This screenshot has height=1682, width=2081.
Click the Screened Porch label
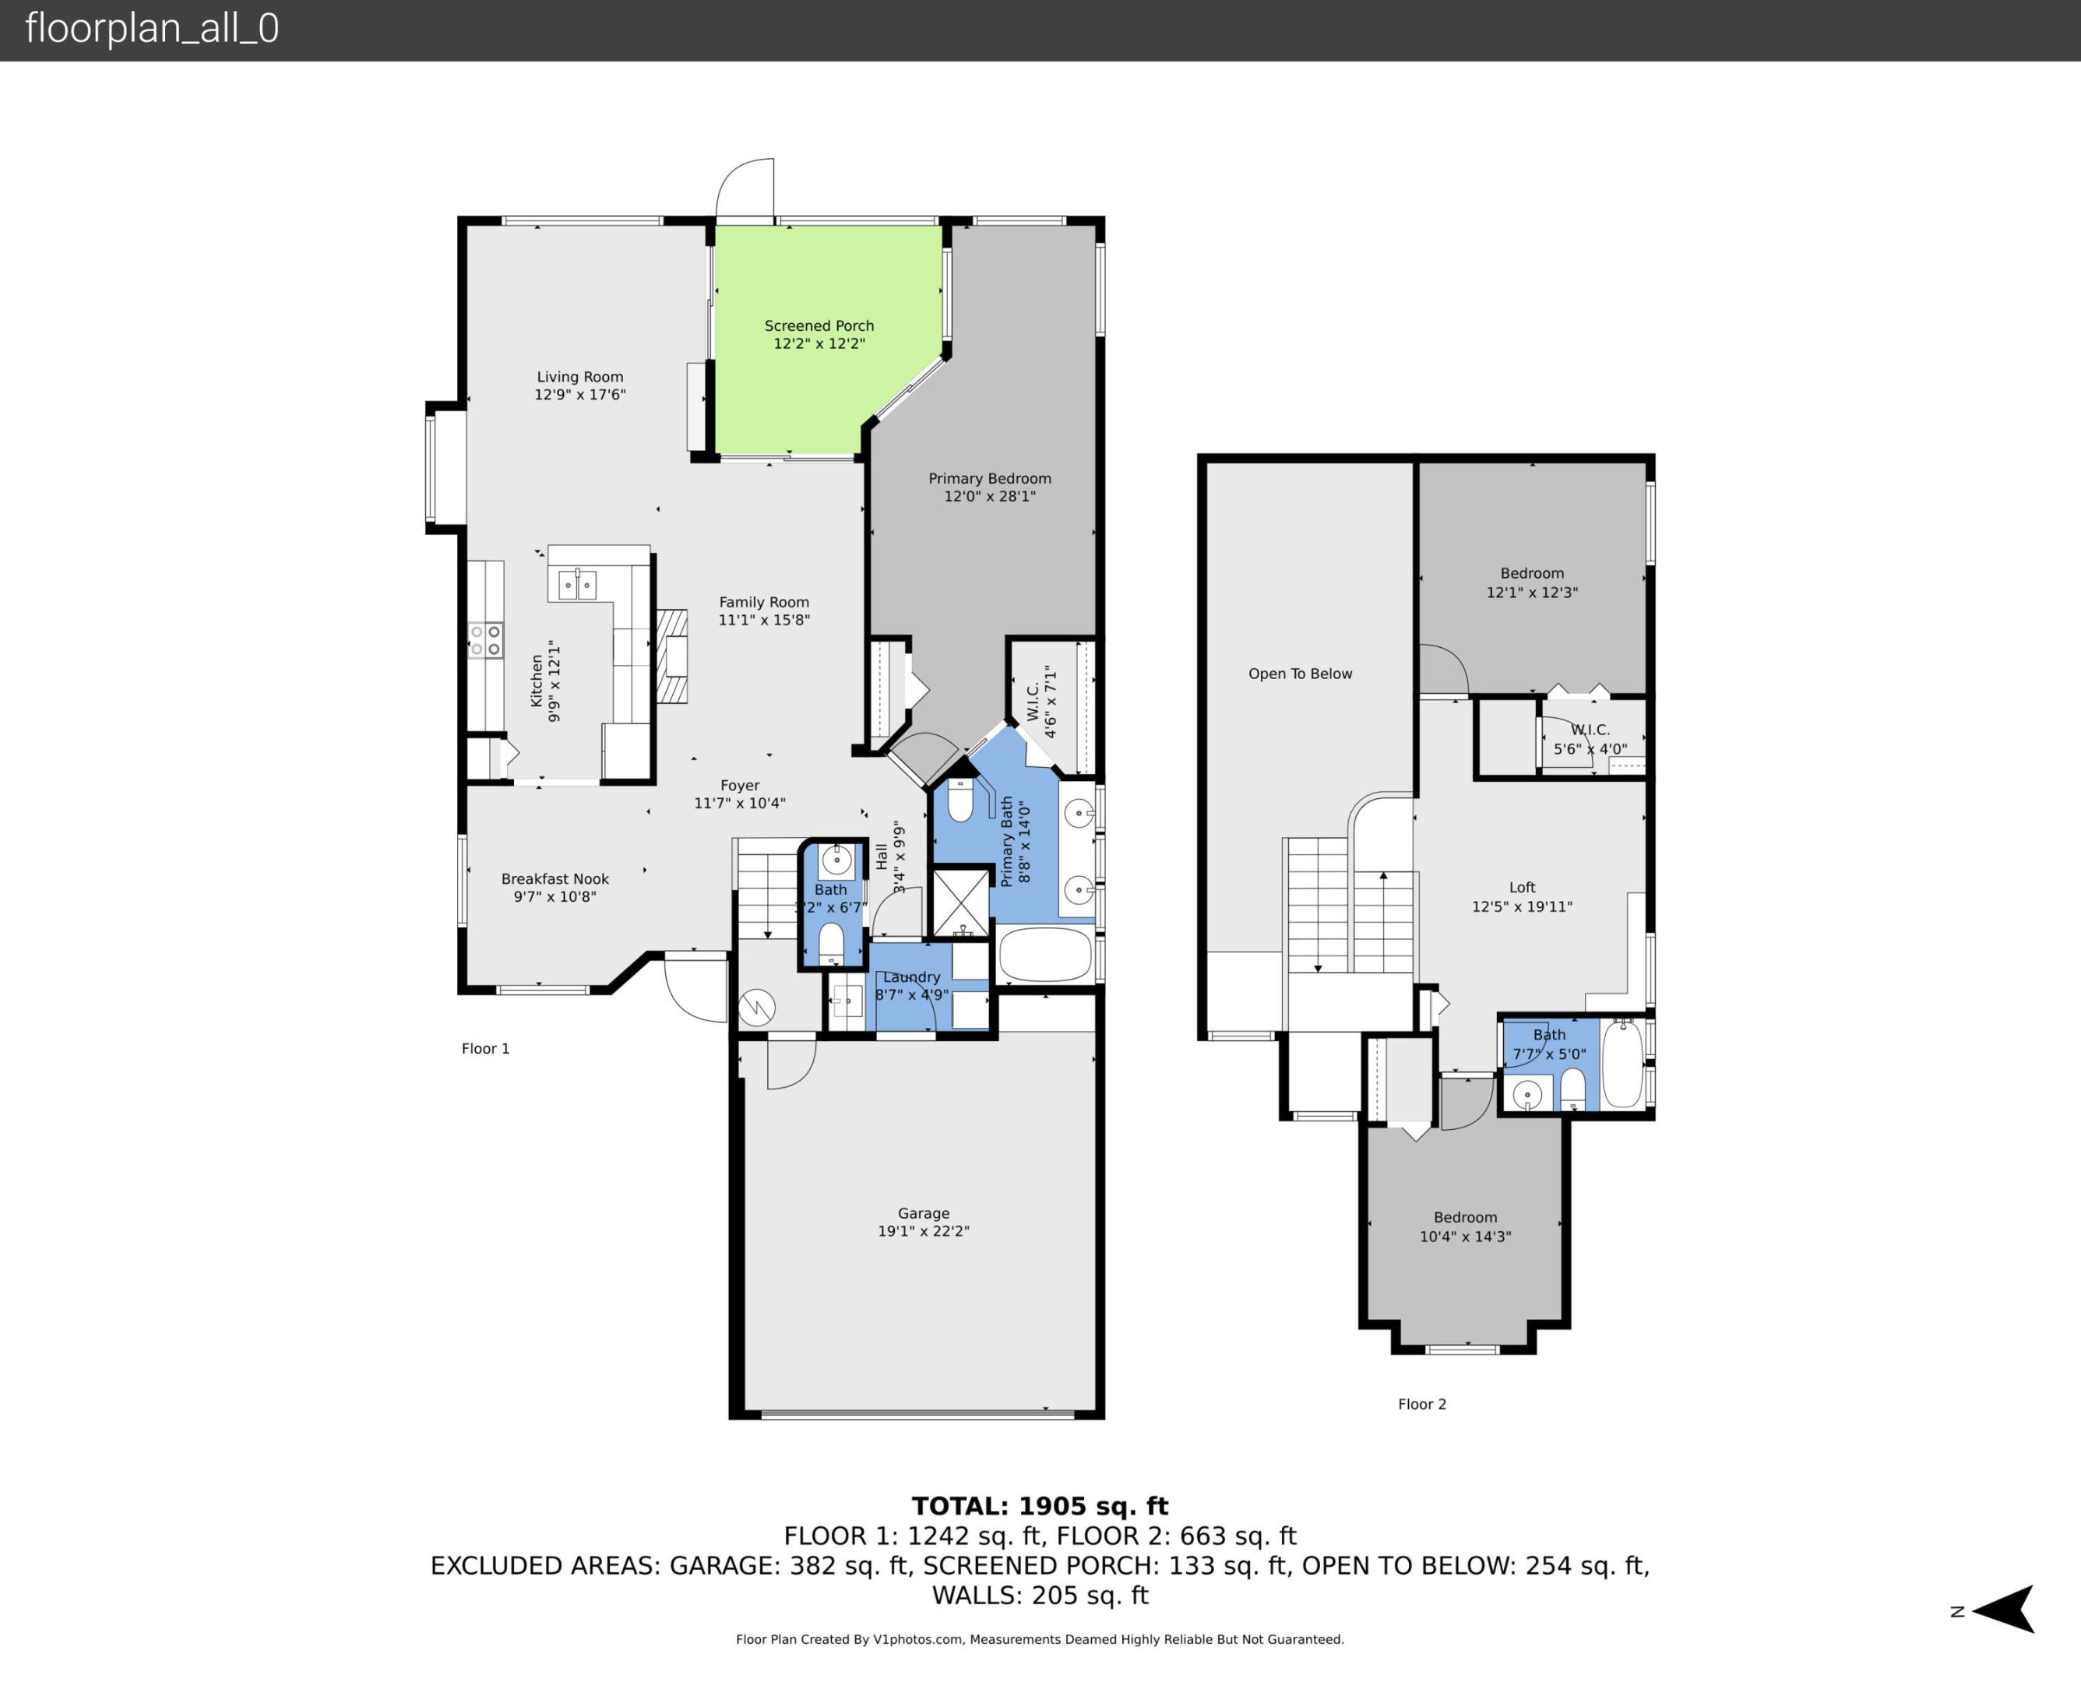pos(819,325)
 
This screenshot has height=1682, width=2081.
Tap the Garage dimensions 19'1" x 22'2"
pos(923,1231)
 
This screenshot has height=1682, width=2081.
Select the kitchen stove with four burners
pos(485,640)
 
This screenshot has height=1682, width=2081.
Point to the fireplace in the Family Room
pos(672,656)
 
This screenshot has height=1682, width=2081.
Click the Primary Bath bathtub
pos(1044,955)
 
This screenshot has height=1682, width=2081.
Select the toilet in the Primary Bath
pos(960,801)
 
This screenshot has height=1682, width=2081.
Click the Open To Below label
pos(1299,674)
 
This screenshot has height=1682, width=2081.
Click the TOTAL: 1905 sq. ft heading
pos(1040,1507)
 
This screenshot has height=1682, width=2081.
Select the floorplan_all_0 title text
pos(152,28)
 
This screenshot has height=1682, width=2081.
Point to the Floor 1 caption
pos(484,1048)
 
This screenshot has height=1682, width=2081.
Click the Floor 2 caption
pos(1421,1404)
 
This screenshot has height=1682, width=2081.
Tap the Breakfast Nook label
pos(555,879)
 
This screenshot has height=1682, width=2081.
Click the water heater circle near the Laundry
pos(757,1008)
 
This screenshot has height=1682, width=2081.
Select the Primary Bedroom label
pos(989,479)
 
